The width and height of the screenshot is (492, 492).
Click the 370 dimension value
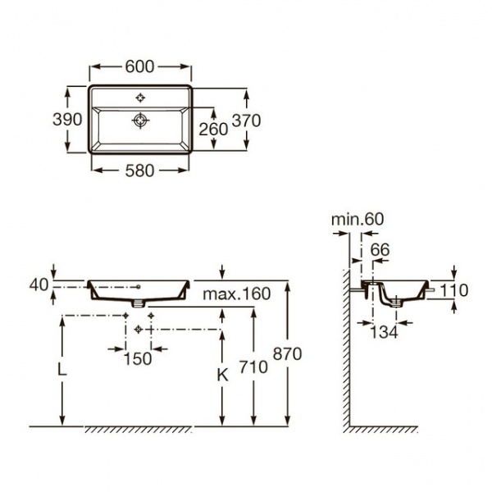pyautogui.click(x=246, y=120)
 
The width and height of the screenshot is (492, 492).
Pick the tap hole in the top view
pyautogui.click(x=140, y=98)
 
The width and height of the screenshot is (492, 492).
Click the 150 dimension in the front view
pyautogui.click(x=138, y=358)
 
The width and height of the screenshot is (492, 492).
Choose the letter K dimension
pyautogui.click(x=221, y=374)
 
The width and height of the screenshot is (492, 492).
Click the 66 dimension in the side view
pyautogui.click(x=380, y=248)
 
